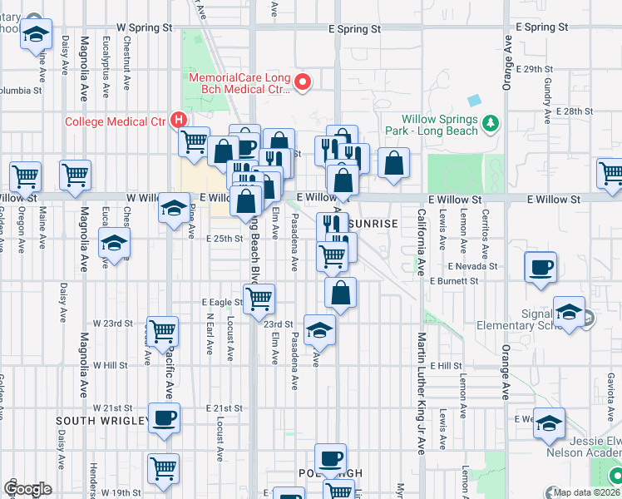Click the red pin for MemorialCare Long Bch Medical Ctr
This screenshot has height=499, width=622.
[x=304, y=82]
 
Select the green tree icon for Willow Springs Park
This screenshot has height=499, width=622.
[x=491, y=124]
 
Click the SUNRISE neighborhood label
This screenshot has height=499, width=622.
[x=375, y=225]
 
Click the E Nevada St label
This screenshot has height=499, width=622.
[x=471, y=267]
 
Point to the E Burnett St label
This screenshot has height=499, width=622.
[x=454, y=281]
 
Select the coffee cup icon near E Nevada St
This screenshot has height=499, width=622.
[x=541, y=268]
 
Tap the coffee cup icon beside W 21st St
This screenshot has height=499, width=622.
[x=165, y=417]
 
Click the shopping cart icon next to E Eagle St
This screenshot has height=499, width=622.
[x=259, y=296]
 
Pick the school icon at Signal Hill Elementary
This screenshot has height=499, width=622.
[x=569, y=312]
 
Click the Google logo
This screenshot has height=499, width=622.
[x=27, y=489]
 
